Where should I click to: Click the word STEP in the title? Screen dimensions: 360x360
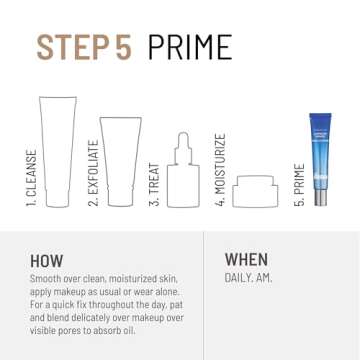pos(74,47)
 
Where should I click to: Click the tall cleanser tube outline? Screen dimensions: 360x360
pos(56,150)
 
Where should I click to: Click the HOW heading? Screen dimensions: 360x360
pos(46,259)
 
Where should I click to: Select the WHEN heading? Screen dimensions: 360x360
pos(246,259)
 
